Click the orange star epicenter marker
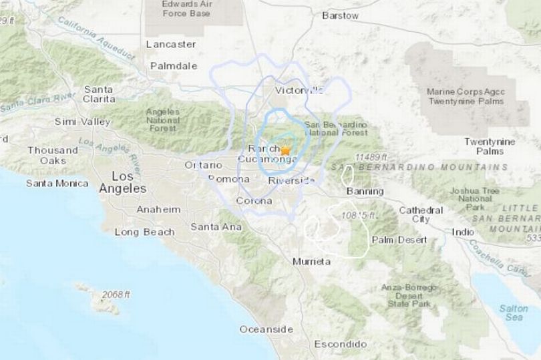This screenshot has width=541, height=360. tap(285, 151)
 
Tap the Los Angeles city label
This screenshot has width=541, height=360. tap(122, 182)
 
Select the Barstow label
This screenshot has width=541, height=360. tap(340, 15)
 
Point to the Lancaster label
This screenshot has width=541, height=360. tap(171, 44)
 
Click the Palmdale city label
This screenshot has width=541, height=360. tap(174, 65)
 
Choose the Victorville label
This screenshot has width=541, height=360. tap(299, 89)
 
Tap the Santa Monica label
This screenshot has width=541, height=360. tap(57, 183)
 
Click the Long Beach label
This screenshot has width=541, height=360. tap(144, 232)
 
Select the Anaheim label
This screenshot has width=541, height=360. tap(158, 209)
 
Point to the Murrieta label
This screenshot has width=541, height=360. tap(311, 261)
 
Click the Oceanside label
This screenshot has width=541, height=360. tap(266, 329)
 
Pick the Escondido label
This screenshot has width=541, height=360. tap(341, 344)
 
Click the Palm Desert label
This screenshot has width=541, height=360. tap(399, 239)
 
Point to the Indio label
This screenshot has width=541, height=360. tap(463, 232)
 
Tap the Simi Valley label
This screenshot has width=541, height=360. tap(82, 122)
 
